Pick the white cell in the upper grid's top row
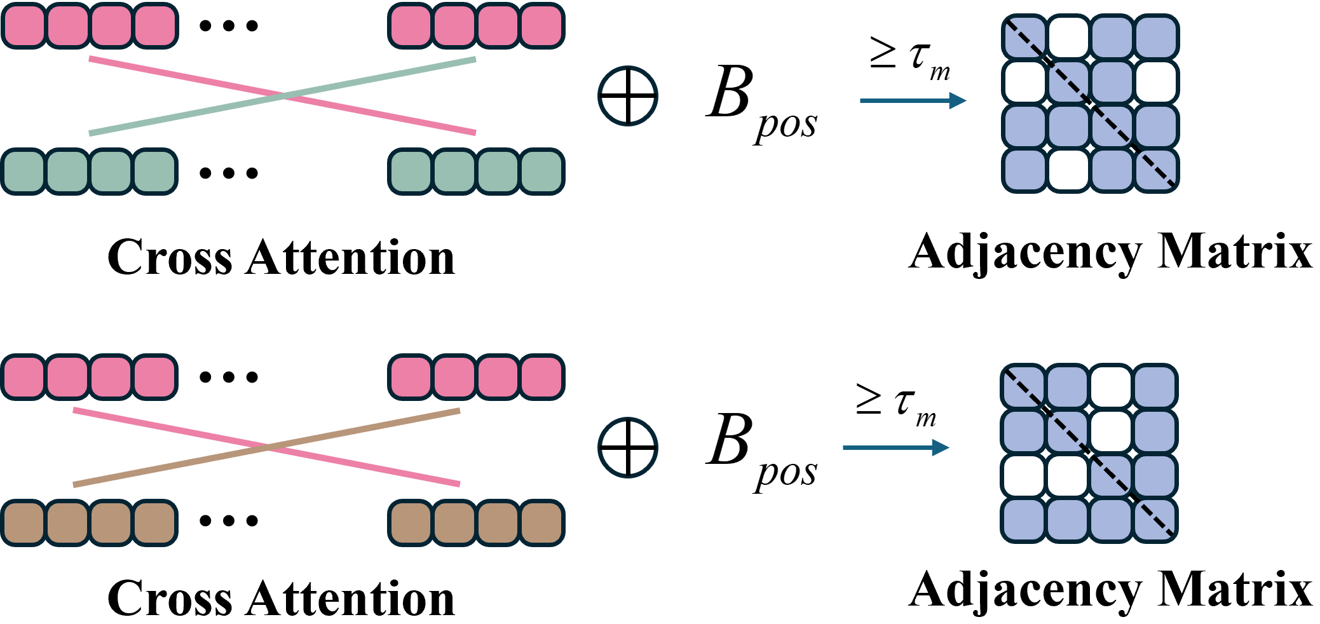pos(1068,37)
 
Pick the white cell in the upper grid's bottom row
pos(1068,170)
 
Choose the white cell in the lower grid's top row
pos(1111,386)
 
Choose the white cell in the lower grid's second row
pos(1111,431)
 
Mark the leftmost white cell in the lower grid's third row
pos(1024,475)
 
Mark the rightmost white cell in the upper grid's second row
pos(1155,82)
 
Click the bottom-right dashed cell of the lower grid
pos(1155,520)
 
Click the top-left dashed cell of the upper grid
pos(1024,37)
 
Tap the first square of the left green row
pos(24,172)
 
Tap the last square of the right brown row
pos(541,523)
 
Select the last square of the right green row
pos(541,172)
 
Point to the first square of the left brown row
pos(24,523)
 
